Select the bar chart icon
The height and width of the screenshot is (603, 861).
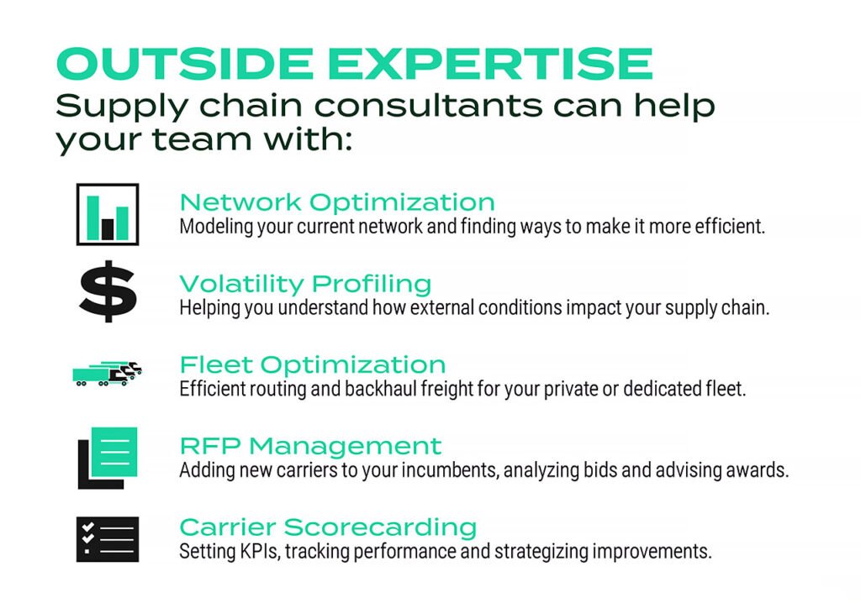point(108,214)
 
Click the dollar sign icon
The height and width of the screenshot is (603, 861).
point(108,291)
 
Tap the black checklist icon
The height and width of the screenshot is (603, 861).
point(108,538)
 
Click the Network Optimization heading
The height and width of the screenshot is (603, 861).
point(337,202)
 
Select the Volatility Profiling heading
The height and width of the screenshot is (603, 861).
point(305,284)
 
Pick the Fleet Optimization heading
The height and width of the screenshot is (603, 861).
point(313,365)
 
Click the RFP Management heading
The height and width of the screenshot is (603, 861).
point(310,446)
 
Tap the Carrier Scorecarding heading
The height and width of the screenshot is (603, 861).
point(328,527)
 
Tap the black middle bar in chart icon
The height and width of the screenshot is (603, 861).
point(108,228)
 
